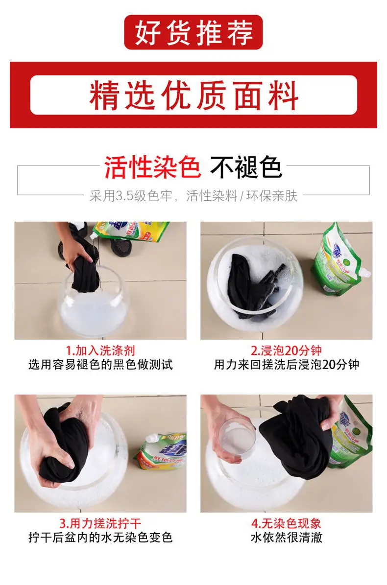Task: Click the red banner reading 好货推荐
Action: pos(193,32)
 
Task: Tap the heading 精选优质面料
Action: pos(193,95)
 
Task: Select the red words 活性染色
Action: pos(153,167)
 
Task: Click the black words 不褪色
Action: pos(246,167)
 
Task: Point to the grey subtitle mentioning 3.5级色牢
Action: pos(193,195)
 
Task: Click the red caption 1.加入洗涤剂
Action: pos(100,351)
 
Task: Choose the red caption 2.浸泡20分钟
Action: pos(286,351)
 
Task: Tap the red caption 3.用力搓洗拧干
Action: pos(100,523)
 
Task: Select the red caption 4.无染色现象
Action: pos(286,523)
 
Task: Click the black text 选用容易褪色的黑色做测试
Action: pos(100,365)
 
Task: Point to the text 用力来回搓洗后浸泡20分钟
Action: pos(286,365)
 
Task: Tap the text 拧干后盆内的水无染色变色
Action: pos(100,537)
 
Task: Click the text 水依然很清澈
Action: pos(286,537)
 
